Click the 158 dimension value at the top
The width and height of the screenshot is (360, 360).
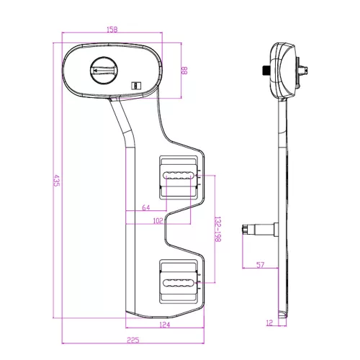pyautogui.click(x=112, y=30)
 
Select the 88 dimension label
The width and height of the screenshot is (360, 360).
pyautogui.click(x=184, y=71)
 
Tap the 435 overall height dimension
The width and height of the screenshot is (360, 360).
pyautogui.click(x=56, y=181)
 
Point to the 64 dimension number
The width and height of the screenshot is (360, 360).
pyautogui.click(x=146, y=207)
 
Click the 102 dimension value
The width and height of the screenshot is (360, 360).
pyautogui.click(x=158, y=221)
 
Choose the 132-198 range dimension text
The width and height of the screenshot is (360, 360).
pyautogui.click(x=217, y=229)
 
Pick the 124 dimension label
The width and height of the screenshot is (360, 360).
pyautogui.click(x=165, y=325)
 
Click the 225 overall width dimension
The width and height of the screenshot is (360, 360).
pyautogui.click(x=133, y=340)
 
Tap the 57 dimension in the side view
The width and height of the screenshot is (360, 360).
pyautogui.click(x=260, y=265)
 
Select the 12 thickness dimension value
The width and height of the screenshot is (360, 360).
pyautogui.click(x=269, y=323)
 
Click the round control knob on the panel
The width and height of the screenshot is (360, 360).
pyautogui.click(x=104, y=71)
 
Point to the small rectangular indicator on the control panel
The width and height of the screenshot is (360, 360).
pyautogui.click(x=136, y=86)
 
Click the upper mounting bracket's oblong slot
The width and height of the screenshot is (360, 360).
pyautogui.click(x=178, y=175)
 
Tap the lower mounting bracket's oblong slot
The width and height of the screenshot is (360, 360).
pyautogui.click(x=178, y=283)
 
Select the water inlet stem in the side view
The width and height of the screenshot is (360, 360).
pyautogui.click(x=260, y=230)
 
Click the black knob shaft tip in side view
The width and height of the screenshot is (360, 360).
pyautogui.click(x=266, y=70)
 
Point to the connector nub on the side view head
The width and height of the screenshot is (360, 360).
pyautogui.click(x=303, y=71)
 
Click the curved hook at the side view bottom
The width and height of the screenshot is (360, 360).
pyautogui.click(x=282, y=315)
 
